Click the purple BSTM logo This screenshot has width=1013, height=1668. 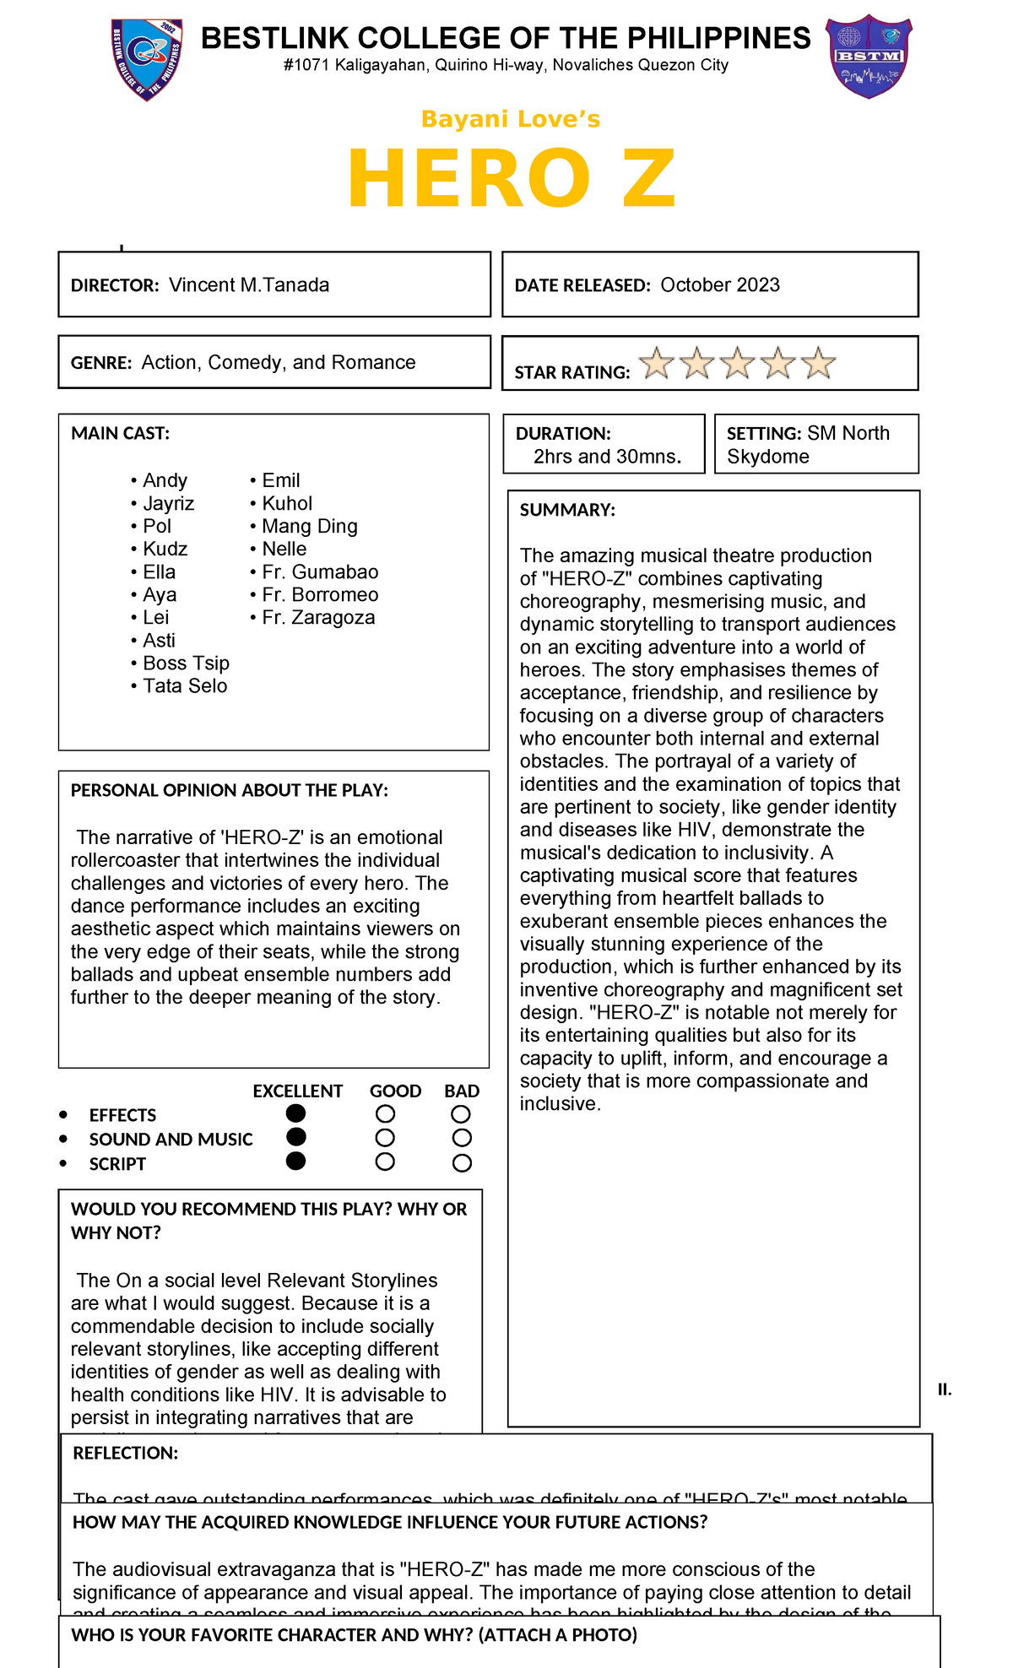pos(869,56)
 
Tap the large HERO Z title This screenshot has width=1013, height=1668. pos(512,179)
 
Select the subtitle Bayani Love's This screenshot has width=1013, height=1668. pos(511,119)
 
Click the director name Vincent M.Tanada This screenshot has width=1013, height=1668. pos(249,284)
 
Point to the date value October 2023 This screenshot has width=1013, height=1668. pos(720,284)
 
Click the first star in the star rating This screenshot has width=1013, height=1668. pos(657,364)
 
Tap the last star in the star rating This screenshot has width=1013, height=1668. pos(818,364)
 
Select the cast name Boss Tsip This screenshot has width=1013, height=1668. pos(186,663)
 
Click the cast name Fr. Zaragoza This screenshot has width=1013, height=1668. pos(318,617)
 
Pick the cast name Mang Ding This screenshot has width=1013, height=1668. pos(309,526)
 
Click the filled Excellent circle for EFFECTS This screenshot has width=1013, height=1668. pos(295,1113)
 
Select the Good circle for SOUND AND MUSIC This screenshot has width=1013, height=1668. pos(385,1138)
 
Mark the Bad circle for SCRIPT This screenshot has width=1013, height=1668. pos(462,1163)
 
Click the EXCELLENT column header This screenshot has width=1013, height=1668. pos(297,1091)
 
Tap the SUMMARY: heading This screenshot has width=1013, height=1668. pos(567,510)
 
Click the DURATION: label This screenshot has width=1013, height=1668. pos(563,433)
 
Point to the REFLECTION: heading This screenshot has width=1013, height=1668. pos(126,1453)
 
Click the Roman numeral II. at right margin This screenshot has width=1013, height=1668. pos(945,1389)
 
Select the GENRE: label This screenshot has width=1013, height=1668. pos(101,363)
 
